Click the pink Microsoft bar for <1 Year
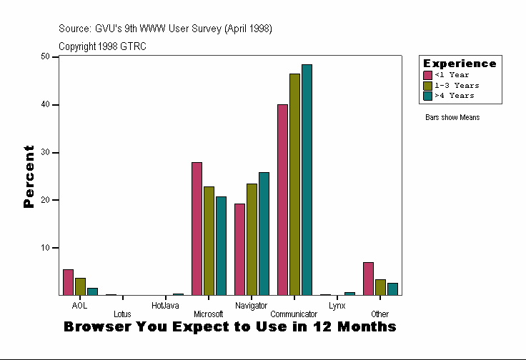197,229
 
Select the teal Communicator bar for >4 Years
307,179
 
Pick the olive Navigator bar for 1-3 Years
252,239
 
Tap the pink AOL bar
68,282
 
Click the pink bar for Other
368,279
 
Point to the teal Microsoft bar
221,246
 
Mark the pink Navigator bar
239,249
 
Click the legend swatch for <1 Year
427,75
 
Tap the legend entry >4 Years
454,95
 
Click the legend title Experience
460,64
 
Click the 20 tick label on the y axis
45,200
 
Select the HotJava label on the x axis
165,305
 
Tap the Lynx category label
337,305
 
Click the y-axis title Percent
29,176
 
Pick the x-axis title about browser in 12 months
229,327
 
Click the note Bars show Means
452,117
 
